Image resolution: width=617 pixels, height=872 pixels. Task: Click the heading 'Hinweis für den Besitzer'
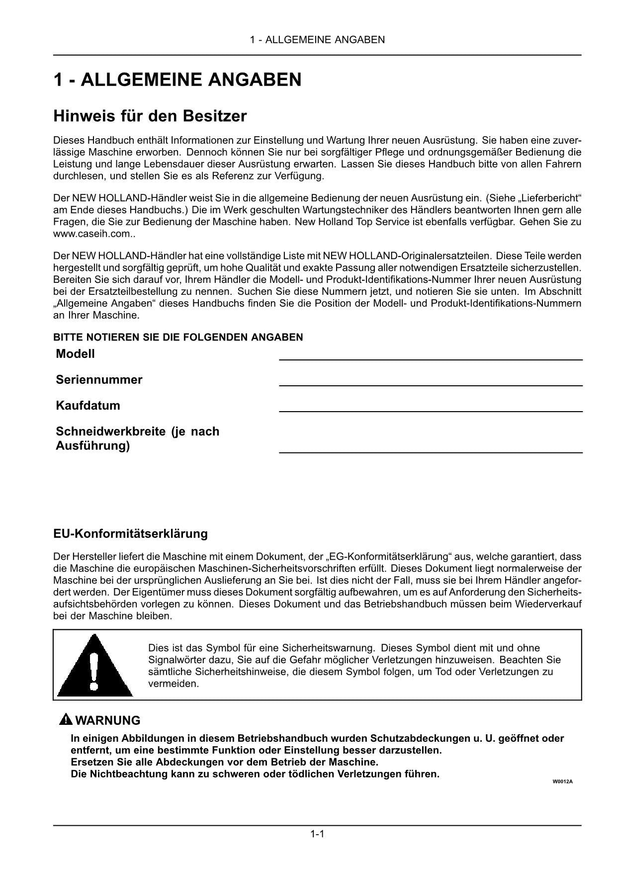(150, 116)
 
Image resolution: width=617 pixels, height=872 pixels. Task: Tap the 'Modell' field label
(75, 354)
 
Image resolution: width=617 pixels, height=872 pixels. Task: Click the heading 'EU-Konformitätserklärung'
(130, 534)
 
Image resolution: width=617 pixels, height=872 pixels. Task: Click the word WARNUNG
(108, 720)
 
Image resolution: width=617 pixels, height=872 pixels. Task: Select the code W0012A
(563, 782)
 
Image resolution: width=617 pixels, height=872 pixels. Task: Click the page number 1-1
(317, 834)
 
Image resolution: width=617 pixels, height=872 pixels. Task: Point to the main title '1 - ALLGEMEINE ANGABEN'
(177, 80)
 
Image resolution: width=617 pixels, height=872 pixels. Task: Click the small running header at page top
(317, 40)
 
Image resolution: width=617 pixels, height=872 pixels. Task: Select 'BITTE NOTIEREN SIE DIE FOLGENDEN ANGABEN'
(178, 338)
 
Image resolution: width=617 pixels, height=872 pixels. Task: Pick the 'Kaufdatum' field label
(88, 405)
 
